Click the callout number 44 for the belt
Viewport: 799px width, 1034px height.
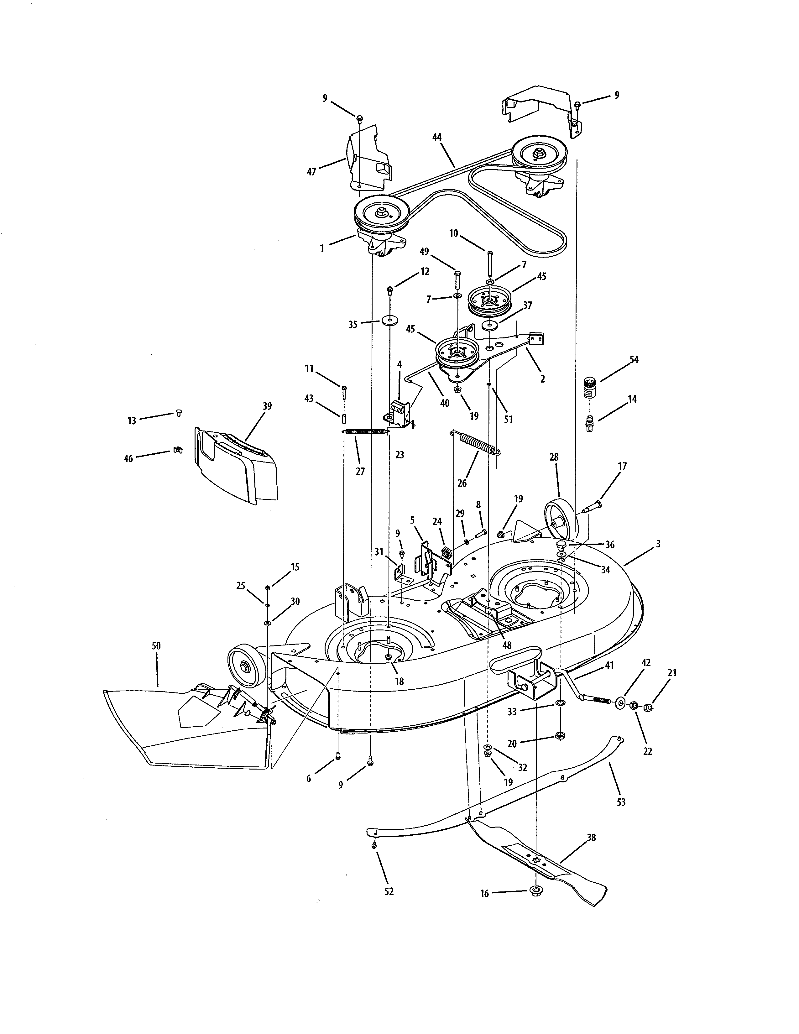tap(436, 137)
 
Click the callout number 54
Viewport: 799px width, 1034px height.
tap(634, 359)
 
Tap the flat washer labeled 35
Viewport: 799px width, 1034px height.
tap(389, 320)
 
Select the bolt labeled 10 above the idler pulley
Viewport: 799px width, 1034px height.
tap(490, 263)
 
